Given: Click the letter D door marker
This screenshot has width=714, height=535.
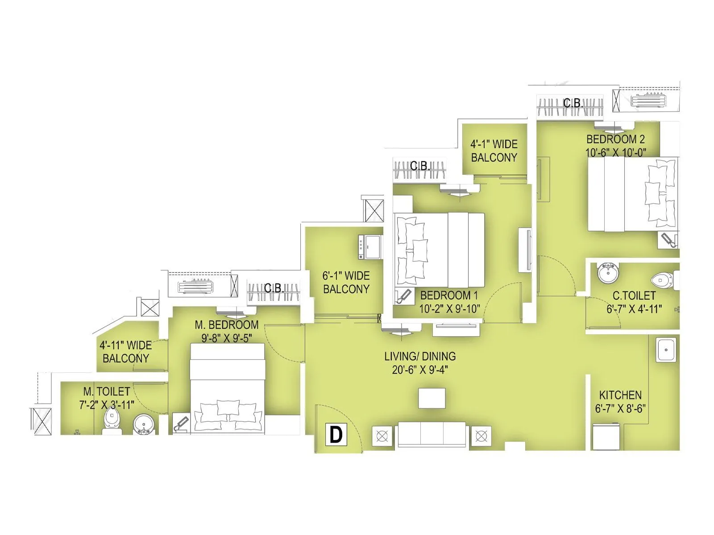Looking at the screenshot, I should click(336, 434).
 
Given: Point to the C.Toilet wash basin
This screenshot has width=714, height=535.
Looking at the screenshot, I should click(607, 273).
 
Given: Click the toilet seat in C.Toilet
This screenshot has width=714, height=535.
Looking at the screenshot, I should click(662, 280).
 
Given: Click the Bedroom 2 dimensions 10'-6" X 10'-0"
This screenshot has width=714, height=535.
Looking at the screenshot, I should click(615, 152).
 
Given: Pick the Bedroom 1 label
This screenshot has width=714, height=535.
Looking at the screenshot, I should click(449, 295).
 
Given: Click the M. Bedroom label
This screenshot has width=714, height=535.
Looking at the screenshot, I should click(226, 325).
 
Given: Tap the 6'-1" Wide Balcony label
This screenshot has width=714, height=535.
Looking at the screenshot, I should click(346, 282).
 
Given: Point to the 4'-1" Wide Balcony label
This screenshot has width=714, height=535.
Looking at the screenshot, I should click(494, 151).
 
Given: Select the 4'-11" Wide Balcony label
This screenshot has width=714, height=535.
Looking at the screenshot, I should click(126, 352).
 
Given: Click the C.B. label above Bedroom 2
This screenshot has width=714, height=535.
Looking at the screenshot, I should click(573, 103).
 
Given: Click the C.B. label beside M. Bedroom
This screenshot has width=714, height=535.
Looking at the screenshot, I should click(274, 288).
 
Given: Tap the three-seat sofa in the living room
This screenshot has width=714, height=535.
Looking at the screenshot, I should click(432, 434).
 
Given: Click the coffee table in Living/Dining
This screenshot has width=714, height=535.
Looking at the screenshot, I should click(432, 398).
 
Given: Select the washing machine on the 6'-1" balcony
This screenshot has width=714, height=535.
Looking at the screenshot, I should click(370, 247).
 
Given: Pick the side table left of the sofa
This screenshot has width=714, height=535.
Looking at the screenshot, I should click(382, 436).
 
